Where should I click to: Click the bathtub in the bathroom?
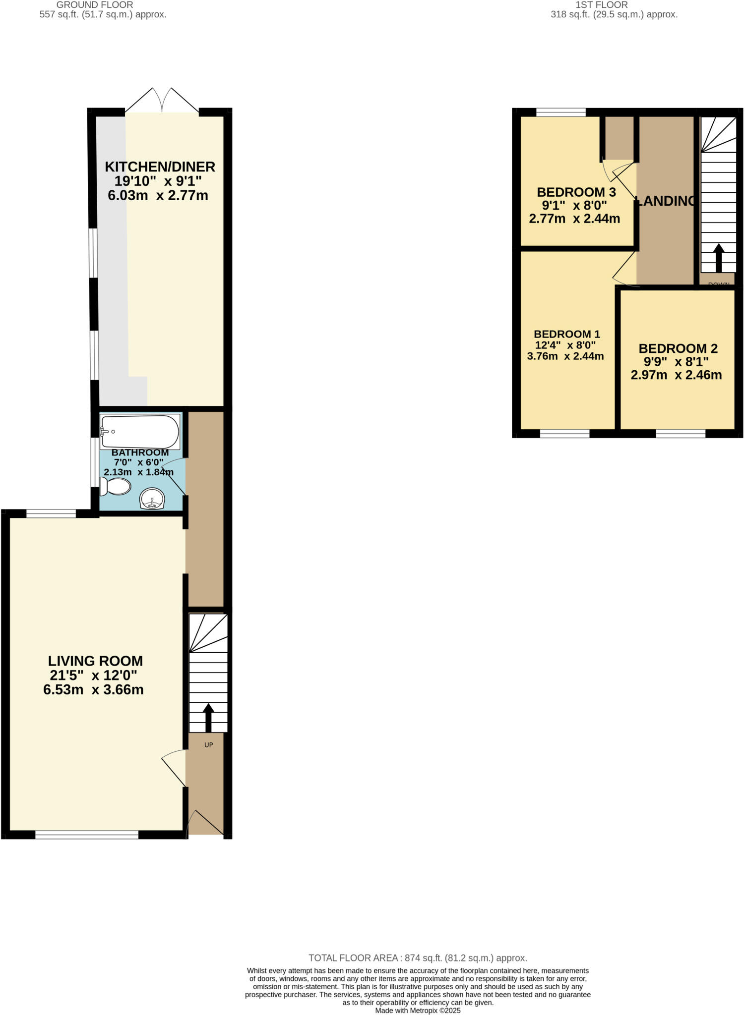(140, 432)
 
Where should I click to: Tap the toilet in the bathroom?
(116, 486)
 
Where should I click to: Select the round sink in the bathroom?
(152, 498)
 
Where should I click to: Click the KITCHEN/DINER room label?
(160, 167)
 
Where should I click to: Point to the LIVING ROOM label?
(95, 661)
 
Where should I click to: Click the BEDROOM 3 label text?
(576, 192)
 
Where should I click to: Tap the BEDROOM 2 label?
(678, 348)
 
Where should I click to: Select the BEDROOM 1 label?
(566, 334)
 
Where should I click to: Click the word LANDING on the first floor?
(666, 201)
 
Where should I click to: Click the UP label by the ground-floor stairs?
(208, 745)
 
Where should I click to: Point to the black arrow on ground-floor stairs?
(208, 718)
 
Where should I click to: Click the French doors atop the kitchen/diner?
(162, 101)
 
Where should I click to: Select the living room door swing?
(174, 768)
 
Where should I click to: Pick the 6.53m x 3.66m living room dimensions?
(93, 689)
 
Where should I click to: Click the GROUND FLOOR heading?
(95, 5)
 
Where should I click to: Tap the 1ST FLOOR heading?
(601, 5)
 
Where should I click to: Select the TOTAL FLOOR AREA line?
(418, 958)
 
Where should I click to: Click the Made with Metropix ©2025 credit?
(418, 1011)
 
